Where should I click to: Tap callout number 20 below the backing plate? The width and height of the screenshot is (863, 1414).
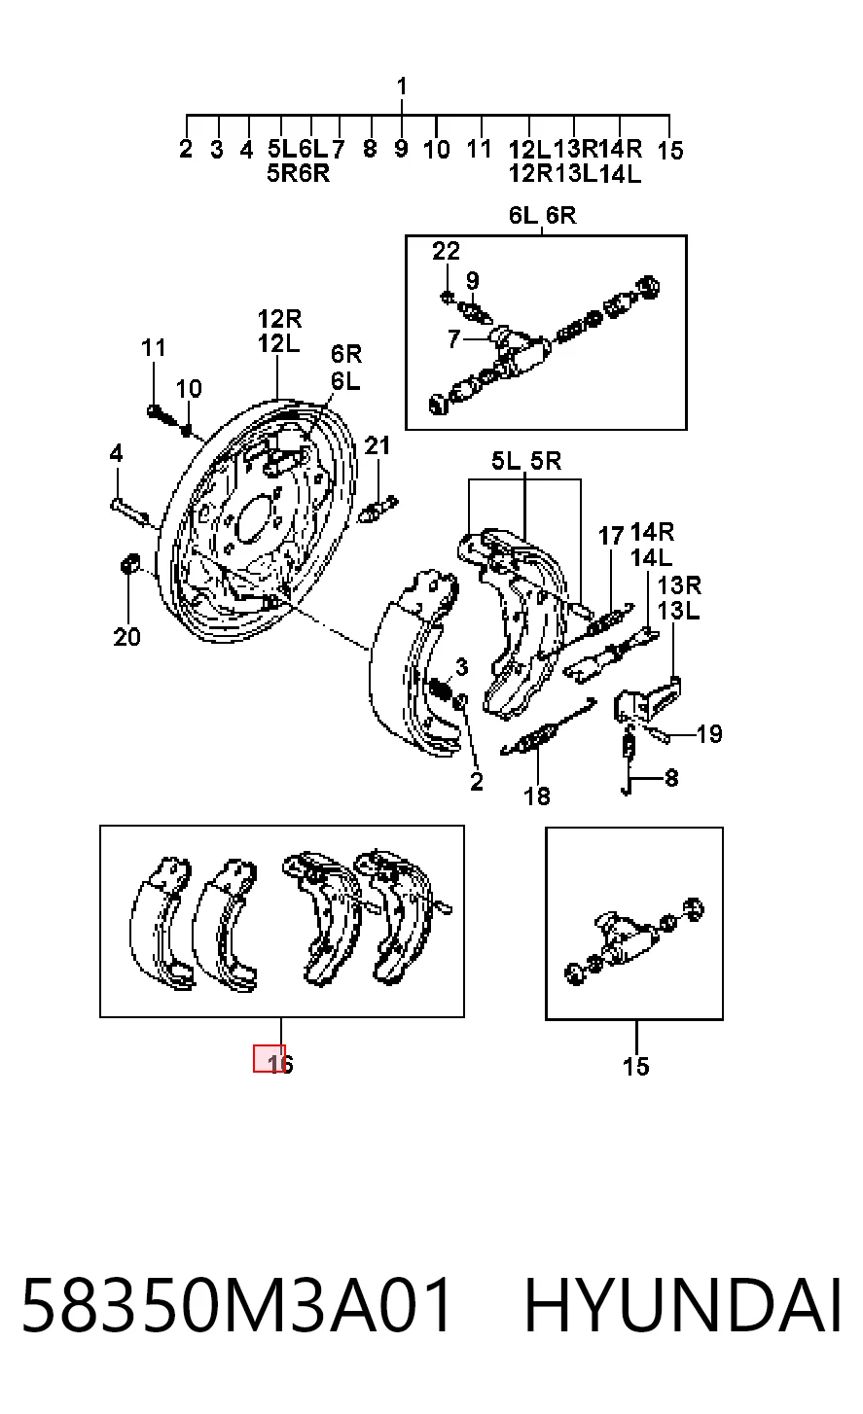coord(127,638)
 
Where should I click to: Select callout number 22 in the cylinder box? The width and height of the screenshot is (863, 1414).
coord(446,251)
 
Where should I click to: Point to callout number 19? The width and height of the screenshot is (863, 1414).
coord(709,734)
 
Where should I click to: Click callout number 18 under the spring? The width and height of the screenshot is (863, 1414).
coord(537,796)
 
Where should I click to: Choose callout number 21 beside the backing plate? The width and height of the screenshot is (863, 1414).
coord(378,445)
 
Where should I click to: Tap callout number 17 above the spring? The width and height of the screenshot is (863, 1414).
coord(610,537)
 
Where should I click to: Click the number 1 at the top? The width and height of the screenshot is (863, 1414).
coord(402,87)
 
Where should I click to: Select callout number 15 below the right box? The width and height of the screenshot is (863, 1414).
coord(635,1067)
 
